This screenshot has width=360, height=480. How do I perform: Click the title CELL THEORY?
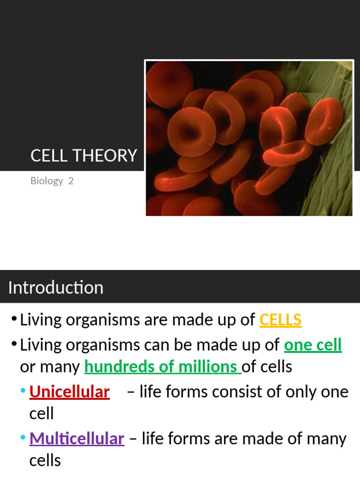[83, 155]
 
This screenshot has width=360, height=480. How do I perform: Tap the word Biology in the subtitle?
[46, 180]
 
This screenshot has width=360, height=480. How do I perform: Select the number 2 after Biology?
[71, 180]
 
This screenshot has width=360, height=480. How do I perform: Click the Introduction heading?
[56, 287]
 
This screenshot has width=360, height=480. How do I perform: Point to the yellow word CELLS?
[280, 320]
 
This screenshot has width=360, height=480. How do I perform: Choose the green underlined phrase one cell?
[313, 345]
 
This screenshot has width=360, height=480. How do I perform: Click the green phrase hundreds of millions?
[162, 367]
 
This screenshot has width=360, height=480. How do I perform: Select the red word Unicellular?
[69, 392]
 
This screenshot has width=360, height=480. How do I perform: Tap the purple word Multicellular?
[77, 439]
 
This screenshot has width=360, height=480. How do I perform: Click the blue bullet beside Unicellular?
[23, 391]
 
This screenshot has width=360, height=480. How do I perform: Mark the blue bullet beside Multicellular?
[23, 438]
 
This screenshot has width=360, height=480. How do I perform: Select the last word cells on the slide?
[45, 460]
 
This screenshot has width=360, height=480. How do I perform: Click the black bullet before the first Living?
[14, 320]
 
